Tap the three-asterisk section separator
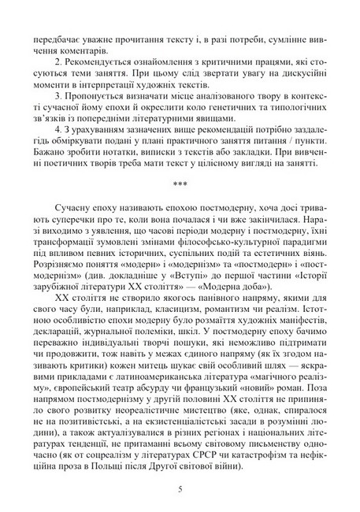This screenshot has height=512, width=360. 180,185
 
